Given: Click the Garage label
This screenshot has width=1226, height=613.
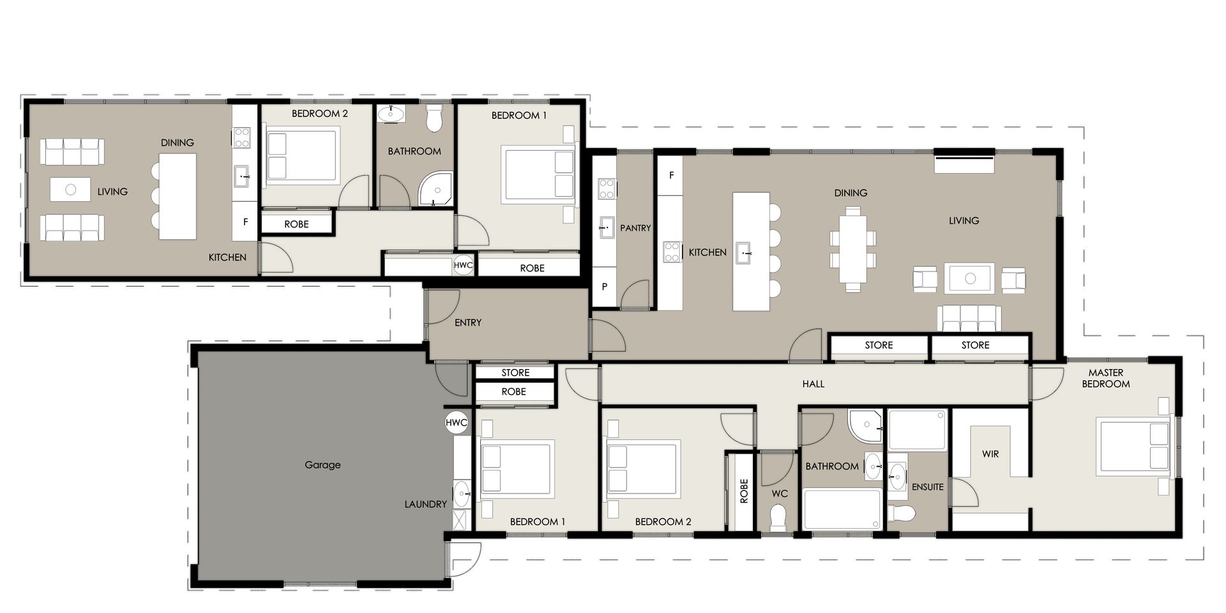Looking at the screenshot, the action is tap(322, 465).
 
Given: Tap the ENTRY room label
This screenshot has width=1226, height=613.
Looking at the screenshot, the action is tap(468, 322).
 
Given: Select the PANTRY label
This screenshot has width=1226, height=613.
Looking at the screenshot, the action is tap(635, 228).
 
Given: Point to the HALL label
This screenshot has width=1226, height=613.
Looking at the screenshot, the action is tap(814, 384).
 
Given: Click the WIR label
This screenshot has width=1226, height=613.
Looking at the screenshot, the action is tap(990, 454).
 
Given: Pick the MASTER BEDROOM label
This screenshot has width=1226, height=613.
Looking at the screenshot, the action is tap(1106, 378).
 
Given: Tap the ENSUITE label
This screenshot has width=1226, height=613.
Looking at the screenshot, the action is tap(928, 487).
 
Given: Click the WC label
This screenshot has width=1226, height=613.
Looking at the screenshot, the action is tap(780, 494).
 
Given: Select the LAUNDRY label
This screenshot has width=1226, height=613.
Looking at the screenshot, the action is tap(425, 504).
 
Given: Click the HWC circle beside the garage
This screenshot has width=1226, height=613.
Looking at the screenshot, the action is tap(457, 423).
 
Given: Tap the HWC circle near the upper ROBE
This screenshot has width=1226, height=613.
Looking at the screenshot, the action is tap(464, 265).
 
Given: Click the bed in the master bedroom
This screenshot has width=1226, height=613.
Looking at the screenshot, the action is tap(1134, 447).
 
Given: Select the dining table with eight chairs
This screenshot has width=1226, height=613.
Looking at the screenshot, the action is tap(853, 249).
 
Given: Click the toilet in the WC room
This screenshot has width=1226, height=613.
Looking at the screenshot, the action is tap(778, 518).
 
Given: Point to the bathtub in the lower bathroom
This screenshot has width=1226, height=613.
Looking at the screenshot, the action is tap(842, 509).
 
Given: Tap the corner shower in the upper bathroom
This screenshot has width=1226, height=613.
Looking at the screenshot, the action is tap(435, 189).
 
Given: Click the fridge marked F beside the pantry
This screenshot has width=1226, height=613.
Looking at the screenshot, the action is tap(671, 174).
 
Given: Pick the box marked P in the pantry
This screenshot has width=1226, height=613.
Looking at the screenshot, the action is tap(604, 287).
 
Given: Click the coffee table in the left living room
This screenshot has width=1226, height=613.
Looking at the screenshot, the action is tap(70, 190).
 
